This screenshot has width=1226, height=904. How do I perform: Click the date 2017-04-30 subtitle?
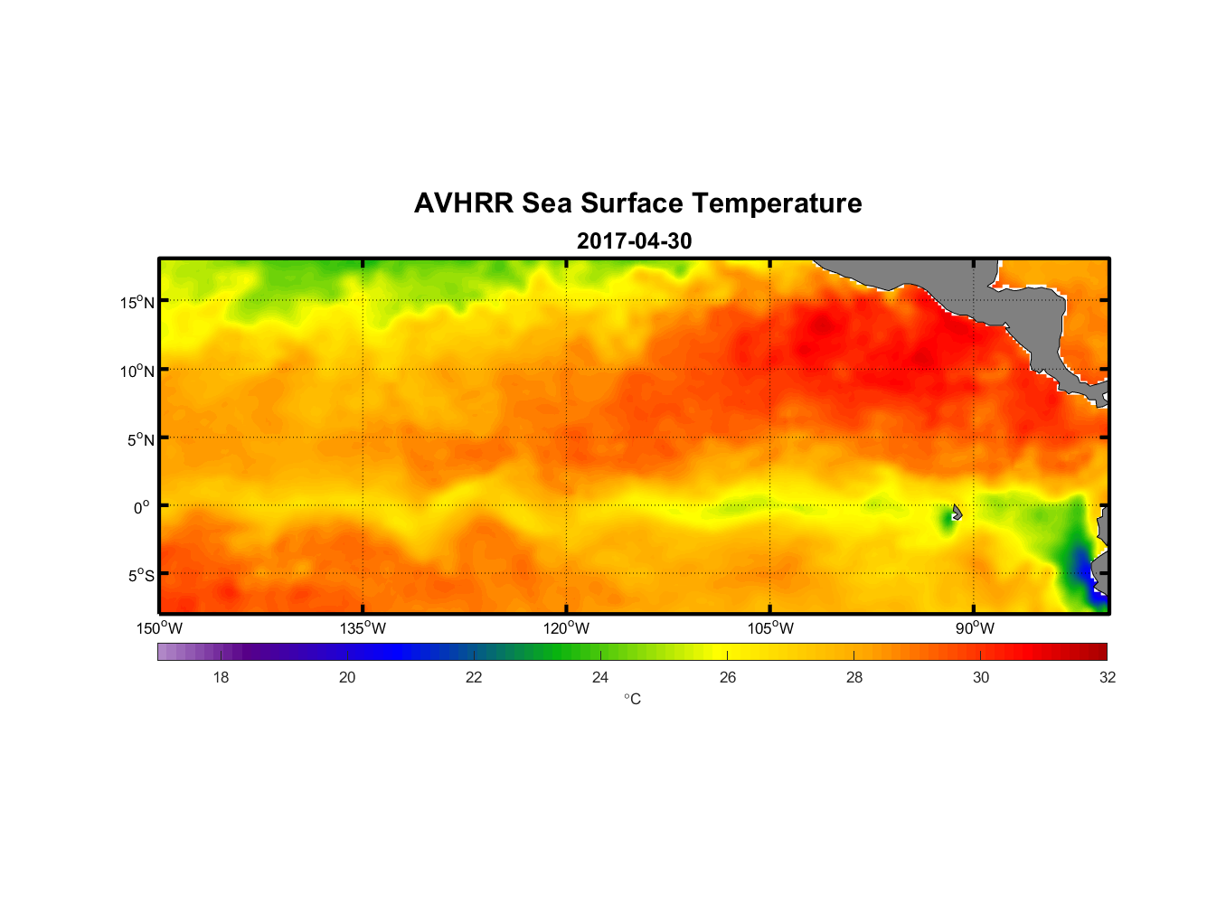(634, 241)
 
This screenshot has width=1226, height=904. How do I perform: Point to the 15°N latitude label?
(137, 302)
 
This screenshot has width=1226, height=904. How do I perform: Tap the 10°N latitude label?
(137, 371)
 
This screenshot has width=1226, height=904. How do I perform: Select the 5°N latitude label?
(140, 439)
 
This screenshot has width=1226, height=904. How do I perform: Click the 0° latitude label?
(142, 507)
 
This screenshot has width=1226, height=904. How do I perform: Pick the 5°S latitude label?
(140, 576)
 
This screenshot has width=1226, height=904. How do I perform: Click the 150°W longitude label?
(159, 628)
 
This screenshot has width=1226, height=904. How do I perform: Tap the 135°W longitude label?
(363, 628)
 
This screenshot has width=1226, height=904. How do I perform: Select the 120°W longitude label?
(566, 628)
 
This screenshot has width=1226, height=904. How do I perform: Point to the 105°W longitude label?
(770, 628)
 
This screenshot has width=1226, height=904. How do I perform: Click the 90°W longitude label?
(975, 628)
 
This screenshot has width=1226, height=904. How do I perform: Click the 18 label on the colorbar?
(221, 677)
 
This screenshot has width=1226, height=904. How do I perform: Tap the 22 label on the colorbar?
(474, 677)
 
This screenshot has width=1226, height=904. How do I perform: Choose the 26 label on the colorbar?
(728, 677)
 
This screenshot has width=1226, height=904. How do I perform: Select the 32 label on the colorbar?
(1108, 677)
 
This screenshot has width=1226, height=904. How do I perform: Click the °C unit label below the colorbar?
(632, 699)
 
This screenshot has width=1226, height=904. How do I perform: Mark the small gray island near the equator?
(957, 513)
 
